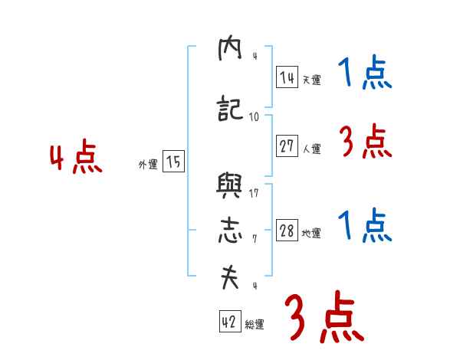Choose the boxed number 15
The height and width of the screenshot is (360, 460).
click(174, 162)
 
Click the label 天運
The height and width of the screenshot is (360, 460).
click(311, 80)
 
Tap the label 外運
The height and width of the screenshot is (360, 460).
click(148, 164)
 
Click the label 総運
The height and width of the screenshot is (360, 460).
click(255, 325)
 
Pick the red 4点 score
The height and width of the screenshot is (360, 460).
click(75, 159)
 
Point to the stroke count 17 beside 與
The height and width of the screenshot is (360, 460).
click(254, 192)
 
